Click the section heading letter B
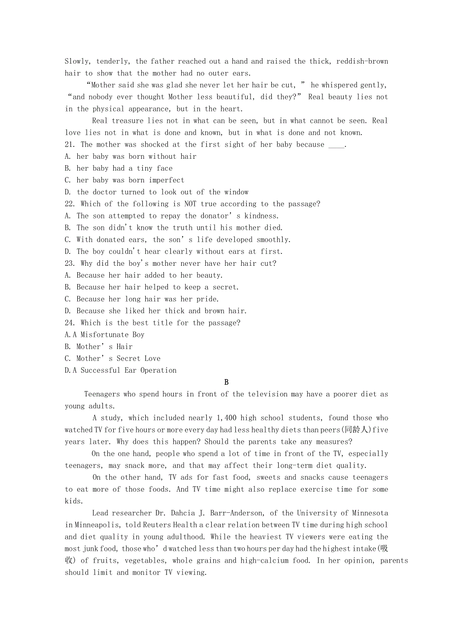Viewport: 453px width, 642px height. [226, 382]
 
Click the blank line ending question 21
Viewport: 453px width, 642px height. [336, 144]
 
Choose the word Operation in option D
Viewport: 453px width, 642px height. [159, 370]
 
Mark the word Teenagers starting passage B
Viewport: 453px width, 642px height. [104, 394]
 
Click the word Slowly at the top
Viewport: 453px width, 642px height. [77, 61]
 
